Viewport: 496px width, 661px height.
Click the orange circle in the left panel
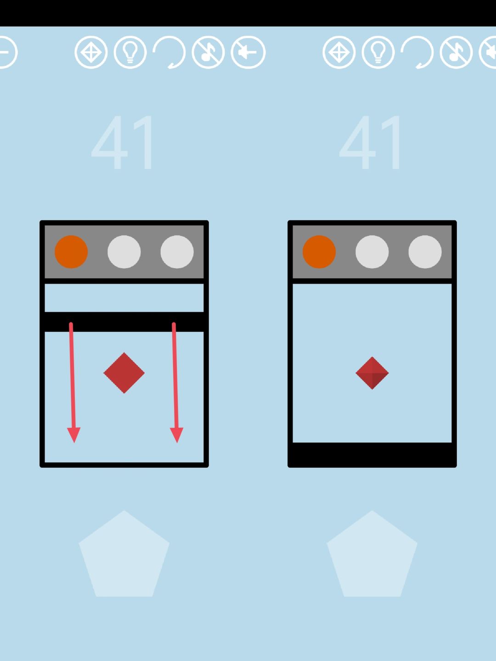tap(71, 252)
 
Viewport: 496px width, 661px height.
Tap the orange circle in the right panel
tap(319, 252)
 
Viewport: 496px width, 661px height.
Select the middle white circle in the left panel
tap(124, 252)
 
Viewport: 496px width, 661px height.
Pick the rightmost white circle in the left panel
tap(177, 252)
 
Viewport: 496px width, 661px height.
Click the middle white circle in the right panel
tap(372, 252)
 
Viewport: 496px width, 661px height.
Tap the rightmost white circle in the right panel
tap(425, 252)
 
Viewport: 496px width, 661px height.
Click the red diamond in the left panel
tap(124, 373)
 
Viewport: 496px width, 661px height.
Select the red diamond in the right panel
tap(372, 373)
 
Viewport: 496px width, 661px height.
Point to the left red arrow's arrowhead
tap(74, 435)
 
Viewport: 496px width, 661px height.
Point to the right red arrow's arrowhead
tap(177, 435)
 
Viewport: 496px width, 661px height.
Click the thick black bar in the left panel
tap(124, 322)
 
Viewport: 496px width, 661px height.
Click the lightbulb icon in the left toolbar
tap(130, 52)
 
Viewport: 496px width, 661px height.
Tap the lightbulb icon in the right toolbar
tap(378, 52)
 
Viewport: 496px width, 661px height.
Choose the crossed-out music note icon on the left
tap(208, 52)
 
